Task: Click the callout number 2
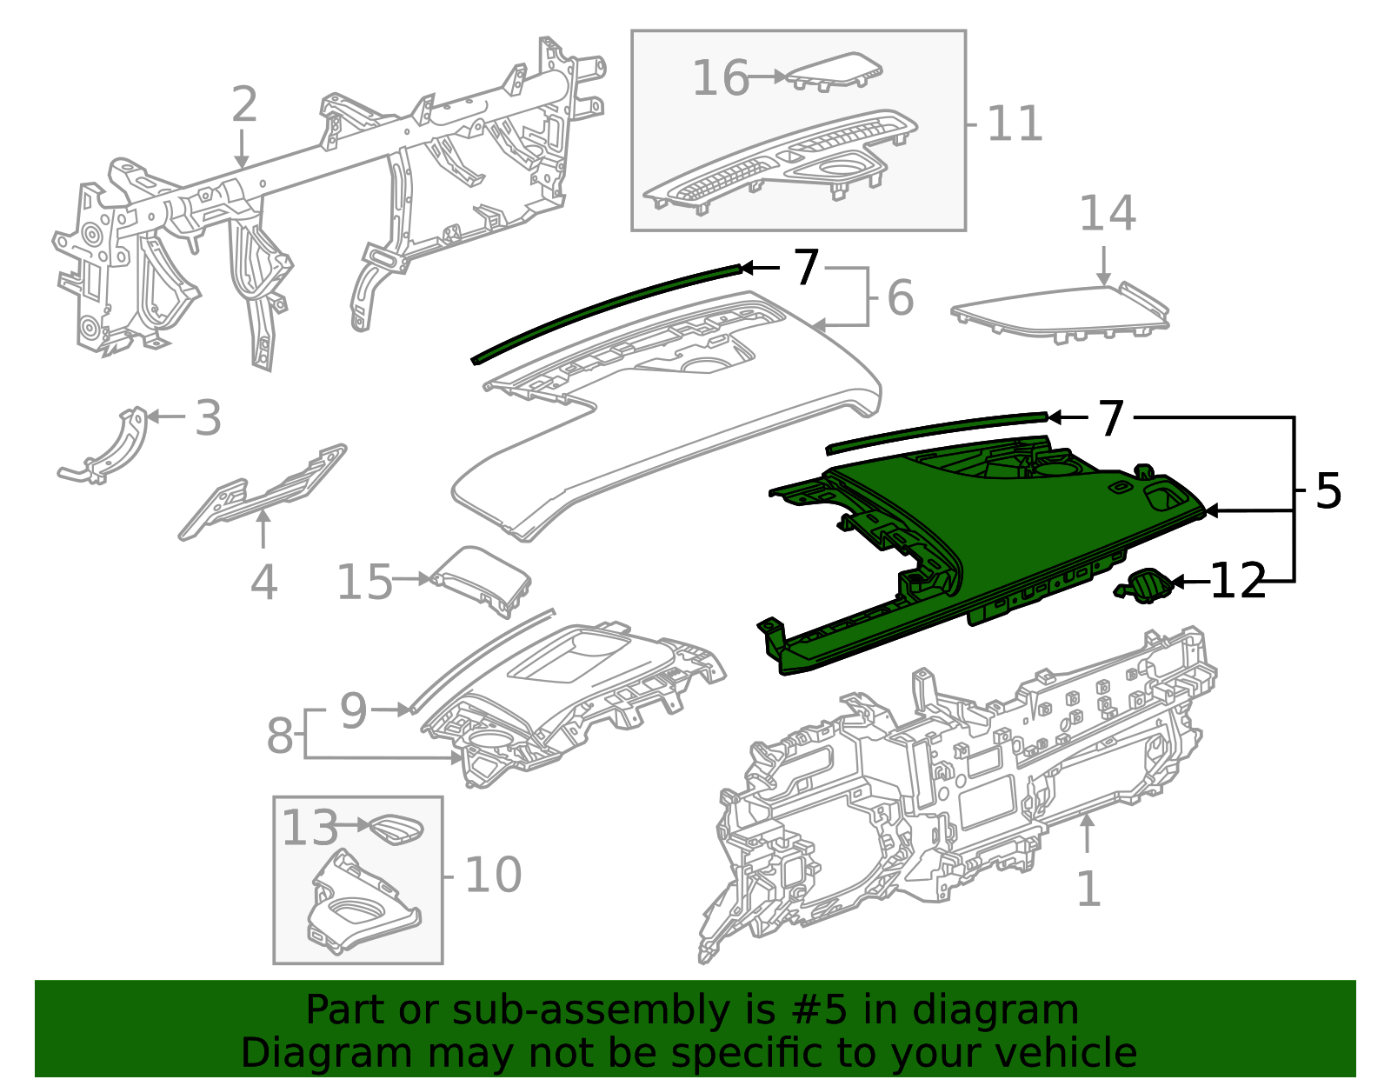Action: [244, 104]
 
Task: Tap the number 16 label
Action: [720, 78]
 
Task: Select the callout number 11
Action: [1015, 123]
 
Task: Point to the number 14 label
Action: [1107, 214]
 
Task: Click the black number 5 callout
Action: [1328, 492]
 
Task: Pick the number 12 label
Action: [1237, 581]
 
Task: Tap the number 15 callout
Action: [364, 582]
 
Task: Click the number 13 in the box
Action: [309, 828]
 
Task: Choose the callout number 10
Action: [493, 875]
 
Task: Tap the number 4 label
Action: [263, 583]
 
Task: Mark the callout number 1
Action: [1088, 889]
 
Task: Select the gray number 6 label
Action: [901, 298]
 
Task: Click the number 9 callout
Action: [353, 710]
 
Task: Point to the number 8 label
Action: [280, 736]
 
